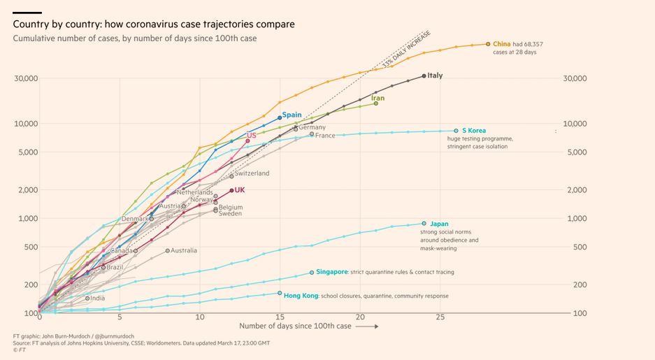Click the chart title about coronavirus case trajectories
[x=154, y=24]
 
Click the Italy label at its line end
[x=435, y=75]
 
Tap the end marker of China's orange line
[x=487, y=44]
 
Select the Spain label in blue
[x=291, y=115]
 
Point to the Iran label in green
[x=377, y=99]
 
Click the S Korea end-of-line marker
[x=456, y=131]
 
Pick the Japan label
[x=439, y=224]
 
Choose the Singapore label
[x=332, y=272]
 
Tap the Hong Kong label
[x=301, y=296]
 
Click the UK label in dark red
[x=240, y=189]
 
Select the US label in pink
[x=252, y=135]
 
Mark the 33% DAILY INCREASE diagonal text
[x=406, y=49]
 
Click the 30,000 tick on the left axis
[x=26, y=78]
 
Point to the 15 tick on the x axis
[x=280, y=317]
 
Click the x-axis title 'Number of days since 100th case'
[x=295, y=326]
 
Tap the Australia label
[x=184, y=250]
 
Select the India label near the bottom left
[x=97, y=298]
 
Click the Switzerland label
[x=252, y=173]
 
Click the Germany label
[x=312, y=127]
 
